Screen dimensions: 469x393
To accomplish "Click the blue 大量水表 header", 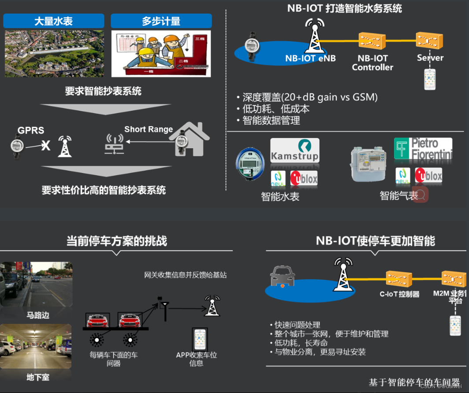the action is pos(53,21).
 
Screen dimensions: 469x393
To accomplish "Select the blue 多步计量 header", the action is pos(161,21).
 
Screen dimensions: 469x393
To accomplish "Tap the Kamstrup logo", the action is pos(294,150).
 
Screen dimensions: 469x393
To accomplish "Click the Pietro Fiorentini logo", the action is pos(423,149).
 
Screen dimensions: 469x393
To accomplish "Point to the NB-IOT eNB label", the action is pos(310,58).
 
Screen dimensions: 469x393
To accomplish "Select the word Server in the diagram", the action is pos(430,58).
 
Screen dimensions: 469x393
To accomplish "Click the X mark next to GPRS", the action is pos(45,146).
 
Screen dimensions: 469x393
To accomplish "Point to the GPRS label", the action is pos(31,131).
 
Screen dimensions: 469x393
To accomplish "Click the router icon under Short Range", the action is pos(114,144).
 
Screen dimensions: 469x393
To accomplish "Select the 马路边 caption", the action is pos(37,315).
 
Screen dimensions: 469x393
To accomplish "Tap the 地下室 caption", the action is pos(37,378).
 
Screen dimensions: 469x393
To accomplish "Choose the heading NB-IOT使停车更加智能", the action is pos(375,241).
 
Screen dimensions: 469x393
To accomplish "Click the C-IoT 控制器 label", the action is pos(399,294).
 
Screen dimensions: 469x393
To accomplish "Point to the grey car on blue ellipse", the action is pos(282,277).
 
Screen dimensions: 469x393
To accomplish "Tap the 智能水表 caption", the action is pos(280,197).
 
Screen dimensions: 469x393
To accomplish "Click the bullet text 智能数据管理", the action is pos(271,120).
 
